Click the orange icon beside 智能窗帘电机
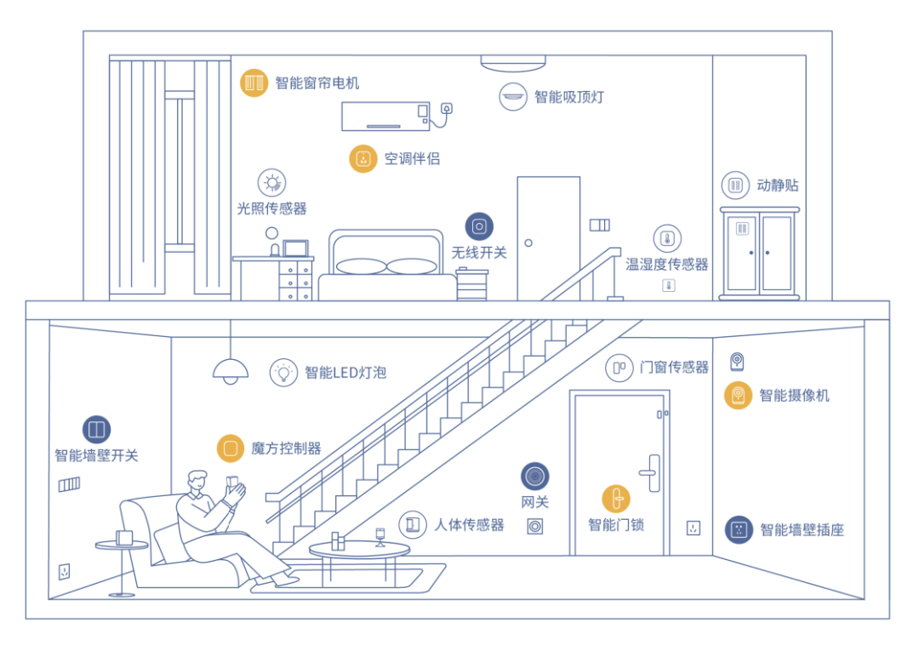pyautogui.click(x=253, y=83)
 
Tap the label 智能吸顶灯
pyautogui.click(x=568, y=96)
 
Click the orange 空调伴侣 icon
pyautogui.click(x=363, y=158)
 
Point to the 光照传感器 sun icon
pyautogui.click(x=271, y=182)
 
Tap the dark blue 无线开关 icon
pyautogui.click(x=479, y=226)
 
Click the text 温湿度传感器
pyautogui.click(x=667, y=265)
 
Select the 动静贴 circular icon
pyautogui.click(x=735, y=185)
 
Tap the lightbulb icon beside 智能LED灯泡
pyautogui.click(x=283, y=372)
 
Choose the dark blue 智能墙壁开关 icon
pyautogui.click(x=96, y=429)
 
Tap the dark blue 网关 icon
pyautogui.click(x=535, y=477)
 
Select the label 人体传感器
pyautogui.click(x=469, y=525)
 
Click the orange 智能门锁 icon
pyautogui.click(x=616, y=499)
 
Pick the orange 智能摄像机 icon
pyautogui.click(x=738, y=396)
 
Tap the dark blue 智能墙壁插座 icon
pyautogui.click(x=739, y=529)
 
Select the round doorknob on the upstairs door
pyautogui.click(x=528, y=243)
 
